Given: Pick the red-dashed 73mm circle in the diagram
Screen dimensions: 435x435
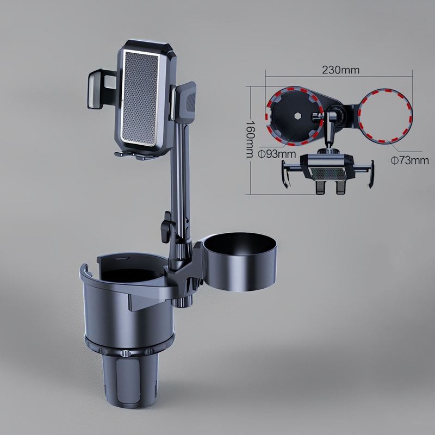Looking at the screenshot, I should point(387,117).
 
